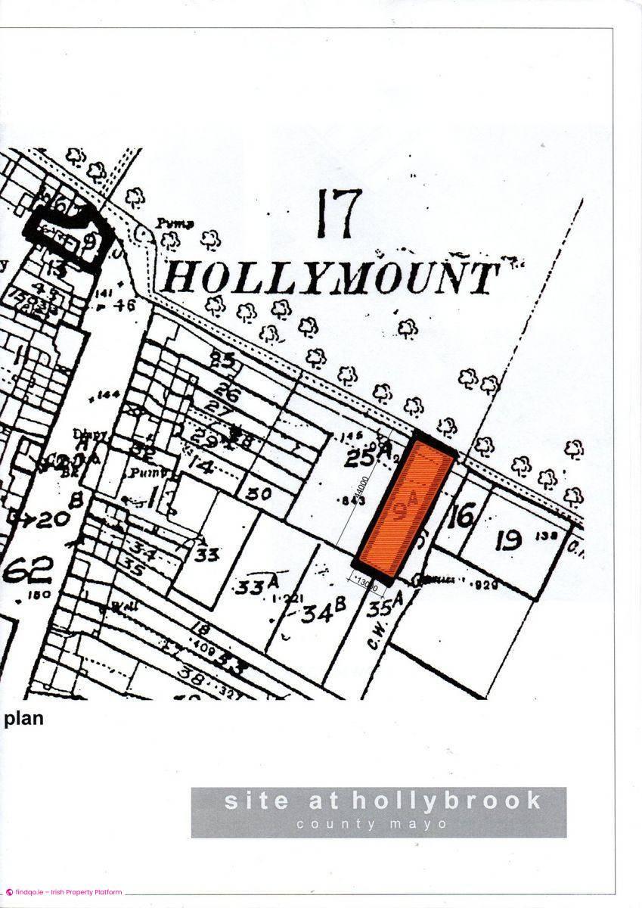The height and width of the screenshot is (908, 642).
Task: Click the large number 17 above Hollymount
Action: tap(340, 213)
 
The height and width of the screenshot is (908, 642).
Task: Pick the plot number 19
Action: tap(510, 540)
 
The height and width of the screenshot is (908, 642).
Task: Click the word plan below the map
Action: tap(23, 719)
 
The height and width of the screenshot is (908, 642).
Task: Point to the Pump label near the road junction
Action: tap(175, 224)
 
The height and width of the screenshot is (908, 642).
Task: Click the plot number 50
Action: tap(258, 493)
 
